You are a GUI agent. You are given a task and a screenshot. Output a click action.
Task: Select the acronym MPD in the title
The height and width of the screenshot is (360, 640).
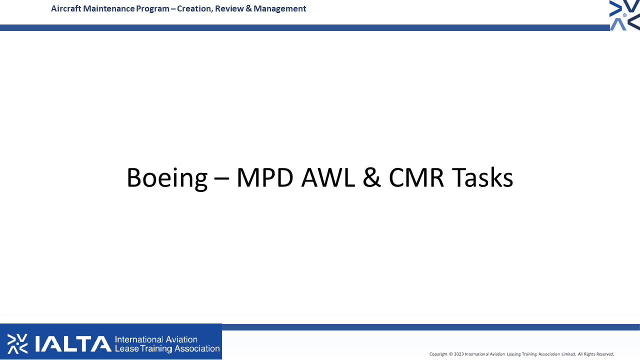[265, 177]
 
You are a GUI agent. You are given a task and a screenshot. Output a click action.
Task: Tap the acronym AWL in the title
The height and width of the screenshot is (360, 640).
[328, 177]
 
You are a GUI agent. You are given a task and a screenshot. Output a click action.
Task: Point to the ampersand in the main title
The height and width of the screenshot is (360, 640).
[371, 177]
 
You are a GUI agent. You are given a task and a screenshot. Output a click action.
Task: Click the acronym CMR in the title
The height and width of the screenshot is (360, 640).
[416, 177]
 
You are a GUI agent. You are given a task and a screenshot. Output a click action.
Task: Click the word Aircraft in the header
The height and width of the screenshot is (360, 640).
[66, 8]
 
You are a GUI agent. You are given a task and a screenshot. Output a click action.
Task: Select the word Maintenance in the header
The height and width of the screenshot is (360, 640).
[109, 8]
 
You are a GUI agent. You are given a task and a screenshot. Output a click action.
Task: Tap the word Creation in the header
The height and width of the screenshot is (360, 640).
[195, 9]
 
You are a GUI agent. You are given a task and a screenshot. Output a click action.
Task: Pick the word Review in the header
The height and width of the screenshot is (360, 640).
[229, 8]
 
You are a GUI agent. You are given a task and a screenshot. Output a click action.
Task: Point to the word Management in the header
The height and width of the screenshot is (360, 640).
[279, 9]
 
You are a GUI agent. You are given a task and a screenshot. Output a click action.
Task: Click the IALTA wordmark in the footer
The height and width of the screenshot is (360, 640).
[73, 343]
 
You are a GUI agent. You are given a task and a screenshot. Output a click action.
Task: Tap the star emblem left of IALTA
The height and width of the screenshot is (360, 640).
[17, 343]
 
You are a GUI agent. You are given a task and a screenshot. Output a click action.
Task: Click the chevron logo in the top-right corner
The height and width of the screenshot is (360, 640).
[624, 15]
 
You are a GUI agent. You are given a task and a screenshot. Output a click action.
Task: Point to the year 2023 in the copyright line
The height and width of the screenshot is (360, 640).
[459, 354]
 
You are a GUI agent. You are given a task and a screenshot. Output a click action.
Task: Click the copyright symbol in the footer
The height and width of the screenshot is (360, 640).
[451, 354]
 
